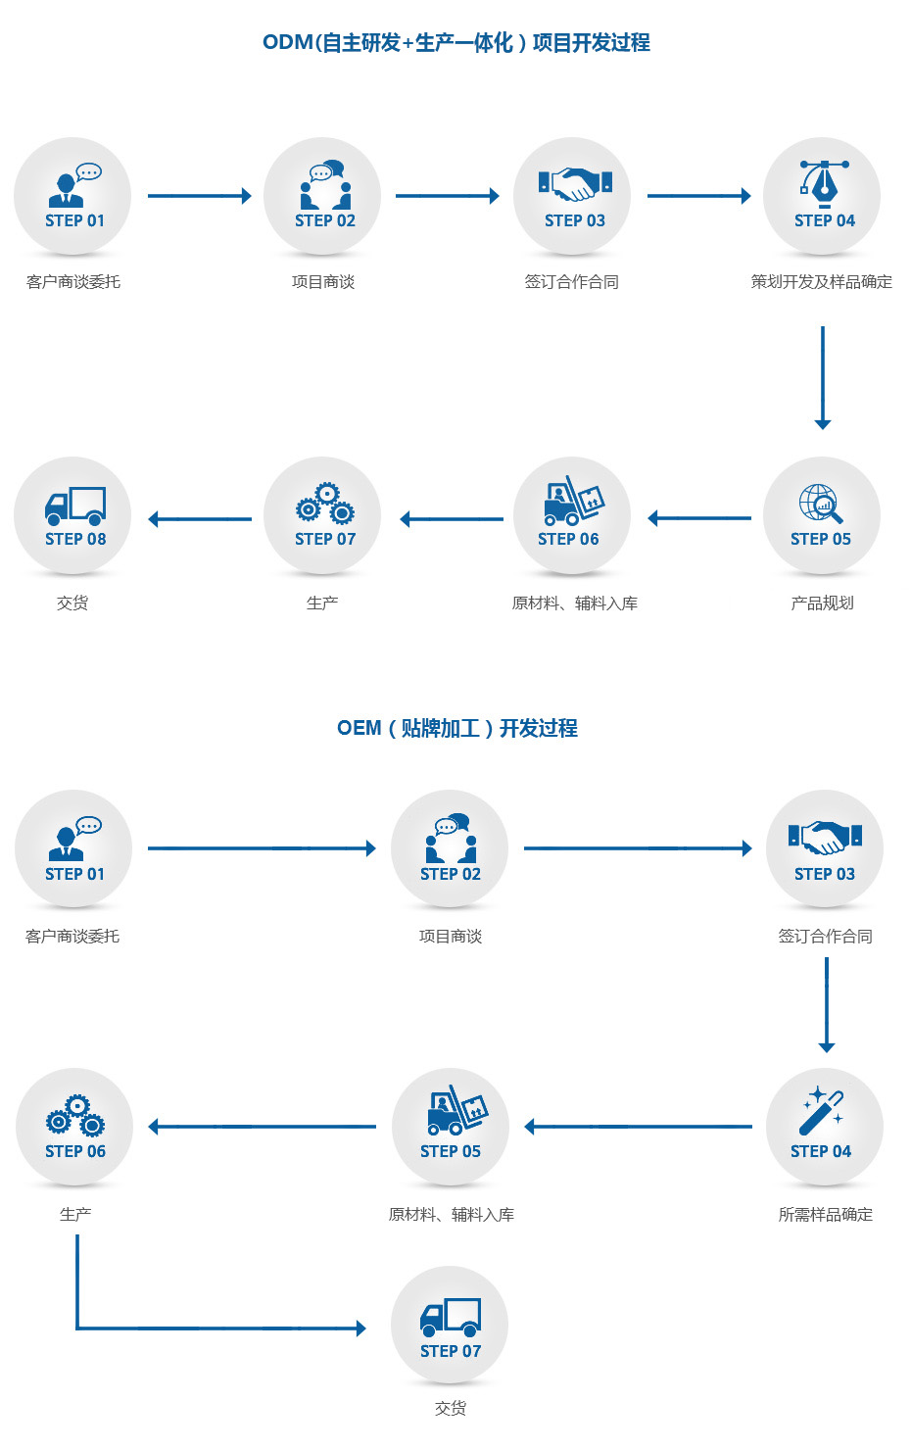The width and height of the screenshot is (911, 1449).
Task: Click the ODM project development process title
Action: point(455,43)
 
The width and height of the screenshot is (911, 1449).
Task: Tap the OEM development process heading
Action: point(456,728)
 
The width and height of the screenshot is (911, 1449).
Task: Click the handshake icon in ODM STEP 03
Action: point(575,183)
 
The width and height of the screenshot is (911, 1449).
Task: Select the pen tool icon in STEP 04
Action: point(824,182)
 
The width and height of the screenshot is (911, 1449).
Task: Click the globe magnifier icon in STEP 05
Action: point(820,504)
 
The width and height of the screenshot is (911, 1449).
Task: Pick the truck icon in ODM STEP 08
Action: point(75,505)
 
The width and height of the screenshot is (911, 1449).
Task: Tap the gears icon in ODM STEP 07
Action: point(325,503)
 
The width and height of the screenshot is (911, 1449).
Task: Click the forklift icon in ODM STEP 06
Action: point(573,501)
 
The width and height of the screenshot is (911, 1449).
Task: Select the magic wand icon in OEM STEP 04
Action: point(822,1110)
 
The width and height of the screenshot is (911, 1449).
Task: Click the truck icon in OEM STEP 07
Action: point(451,1318)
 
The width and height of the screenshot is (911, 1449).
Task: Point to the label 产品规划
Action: point(822,604)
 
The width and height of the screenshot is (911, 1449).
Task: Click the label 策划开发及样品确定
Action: point(821,282)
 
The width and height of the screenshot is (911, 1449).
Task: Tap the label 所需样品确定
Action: point(825,1215)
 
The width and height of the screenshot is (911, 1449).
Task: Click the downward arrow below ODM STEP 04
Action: point(823,377)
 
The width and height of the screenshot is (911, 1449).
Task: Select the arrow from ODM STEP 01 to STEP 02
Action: point(199,196)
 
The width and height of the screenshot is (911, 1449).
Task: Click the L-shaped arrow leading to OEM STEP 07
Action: point(196,1328)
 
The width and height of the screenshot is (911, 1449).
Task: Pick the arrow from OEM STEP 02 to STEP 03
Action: point(637,848)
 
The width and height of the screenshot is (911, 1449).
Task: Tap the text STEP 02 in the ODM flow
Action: point(325,221)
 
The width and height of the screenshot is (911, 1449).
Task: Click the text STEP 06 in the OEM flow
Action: point(75,1152)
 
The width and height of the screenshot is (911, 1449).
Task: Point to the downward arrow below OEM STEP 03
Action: point(827,1004)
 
